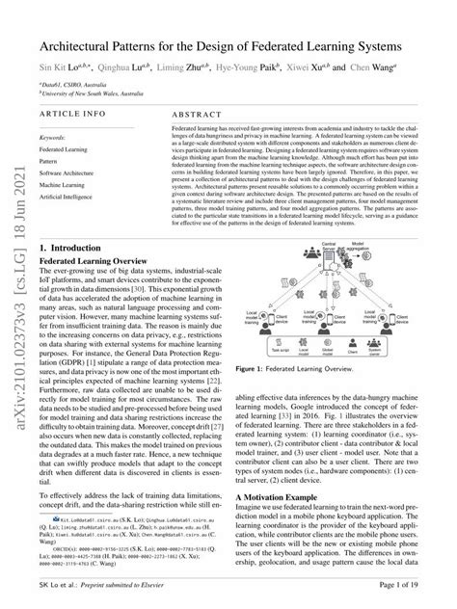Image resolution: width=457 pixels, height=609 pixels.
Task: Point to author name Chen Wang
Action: (x=376, y=69)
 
